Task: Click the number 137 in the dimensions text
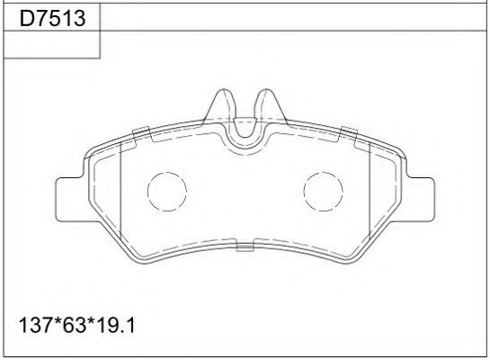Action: point(31,321)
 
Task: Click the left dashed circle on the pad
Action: point(165,192)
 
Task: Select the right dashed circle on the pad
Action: point(323,192)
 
